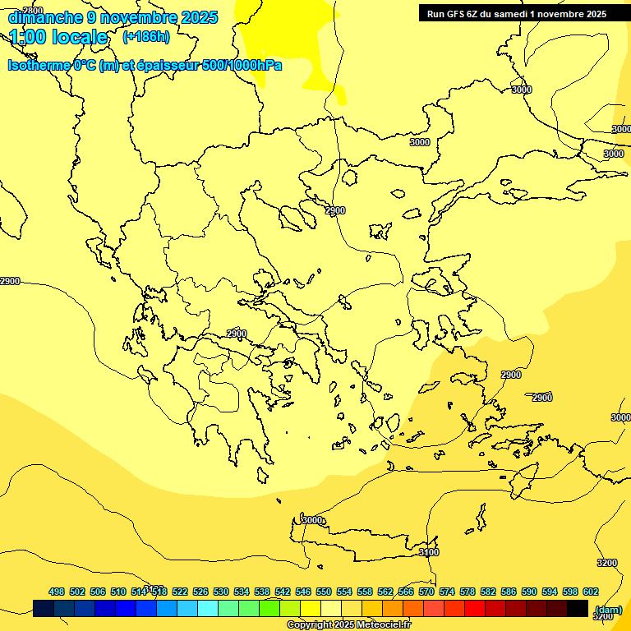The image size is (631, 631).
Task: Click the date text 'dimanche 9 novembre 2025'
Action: (x=113, y=17)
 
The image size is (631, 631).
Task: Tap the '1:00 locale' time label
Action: (x=58, y=37)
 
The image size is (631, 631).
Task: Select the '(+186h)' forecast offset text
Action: (x=146, y=36)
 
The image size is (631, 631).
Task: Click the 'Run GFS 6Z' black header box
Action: (x=517, y=13)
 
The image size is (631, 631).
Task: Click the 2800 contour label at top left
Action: (x=33, y=11)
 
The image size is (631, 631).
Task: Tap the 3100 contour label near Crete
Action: (x=428, y=552)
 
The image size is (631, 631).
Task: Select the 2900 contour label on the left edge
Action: (x=10, y=281)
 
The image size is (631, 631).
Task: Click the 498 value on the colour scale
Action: (x=57, y=592)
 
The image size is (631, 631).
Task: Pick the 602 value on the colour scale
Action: (x=591, y=592)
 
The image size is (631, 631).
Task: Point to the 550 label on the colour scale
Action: (x=324, y=592)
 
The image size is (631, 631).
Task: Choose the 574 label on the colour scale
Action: (x=447, y=592)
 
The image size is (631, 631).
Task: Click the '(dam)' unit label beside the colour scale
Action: (x=608, y=609)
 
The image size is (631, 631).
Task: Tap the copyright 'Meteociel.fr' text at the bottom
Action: (x=348, y=624)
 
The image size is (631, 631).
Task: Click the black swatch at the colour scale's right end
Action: (x=578, y=609)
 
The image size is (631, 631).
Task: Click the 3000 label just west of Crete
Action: (x=312, y=520)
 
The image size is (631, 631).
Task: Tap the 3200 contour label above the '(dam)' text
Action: (x=606, y=563)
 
